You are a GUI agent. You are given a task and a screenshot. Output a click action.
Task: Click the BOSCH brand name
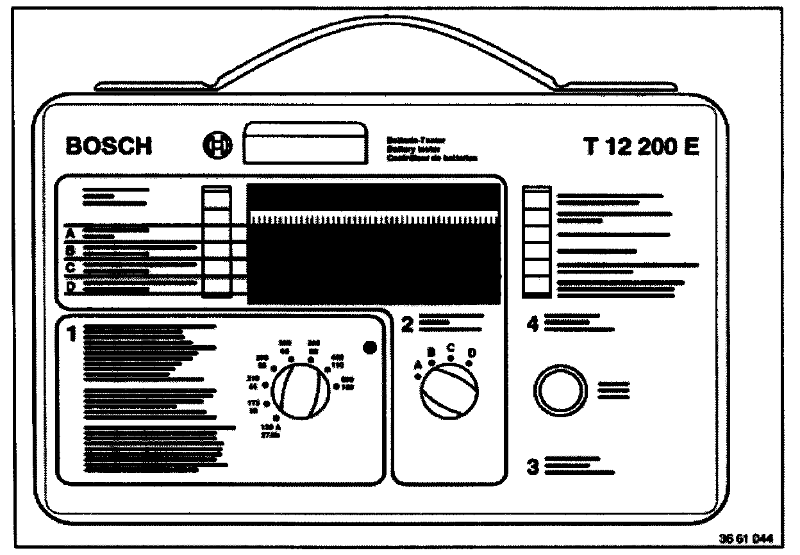click(109, 147)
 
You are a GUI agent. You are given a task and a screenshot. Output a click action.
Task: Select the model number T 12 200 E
click(641, 147)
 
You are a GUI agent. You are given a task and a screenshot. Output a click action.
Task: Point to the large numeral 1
click(72, 333)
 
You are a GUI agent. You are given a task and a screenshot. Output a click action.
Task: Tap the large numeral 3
click(533, 467)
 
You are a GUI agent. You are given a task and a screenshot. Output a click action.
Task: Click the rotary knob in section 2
click(449, 393)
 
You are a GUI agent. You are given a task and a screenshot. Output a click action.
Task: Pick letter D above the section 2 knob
click(472, 352)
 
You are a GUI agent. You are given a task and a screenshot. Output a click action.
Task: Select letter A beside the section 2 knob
click(419, 365)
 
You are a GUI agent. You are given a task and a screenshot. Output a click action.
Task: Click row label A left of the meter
click(71, 233)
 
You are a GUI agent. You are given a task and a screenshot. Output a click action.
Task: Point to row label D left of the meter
click(71, 287)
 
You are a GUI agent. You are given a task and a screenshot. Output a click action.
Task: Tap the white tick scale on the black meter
click(373, 219)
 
